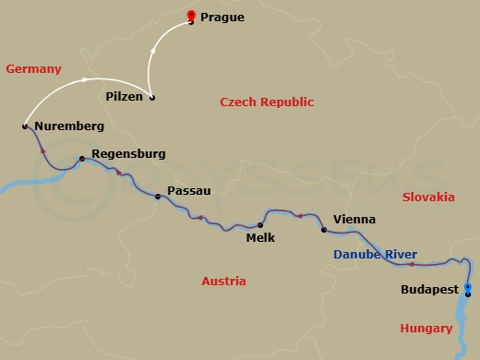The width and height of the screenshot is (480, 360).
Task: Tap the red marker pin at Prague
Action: (191, 15)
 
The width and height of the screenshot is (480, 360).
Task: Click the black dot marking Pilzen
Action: (152, 98)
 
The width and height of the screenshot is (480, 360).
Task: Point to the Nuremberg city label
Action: (68, 126)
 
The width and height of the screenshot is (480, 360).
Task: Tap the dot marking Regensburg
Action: (82, 159)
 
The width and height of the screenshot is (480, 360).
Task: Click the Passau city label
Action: (189, 191)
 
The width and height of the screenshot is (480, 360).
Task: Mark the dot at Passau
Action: (158, 196)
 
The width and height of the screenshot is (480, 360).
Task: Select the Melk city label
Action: (261, 236)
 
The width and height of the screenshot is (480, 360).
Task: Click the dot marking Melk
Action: (260, 224)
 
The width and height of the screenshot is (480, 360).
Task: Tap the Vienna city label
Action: (354, 220)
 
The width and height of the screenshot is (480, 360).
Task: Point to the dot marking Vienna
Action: (323, 229)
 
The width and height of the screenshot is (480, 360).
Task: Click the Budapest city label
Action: (431, 290)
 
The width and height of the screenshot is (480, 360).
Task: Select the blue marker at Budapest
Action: (468, 290)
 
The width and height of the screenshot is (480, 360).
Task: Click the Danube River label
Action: (375, 255)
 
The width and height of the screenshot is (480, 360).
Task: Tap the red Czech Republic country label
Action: (267, 102)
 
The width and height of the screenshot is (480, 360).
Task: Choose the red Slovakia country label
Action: (428, 198)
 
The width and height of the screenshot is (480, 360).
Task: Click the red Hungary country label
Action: (426, 329)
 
